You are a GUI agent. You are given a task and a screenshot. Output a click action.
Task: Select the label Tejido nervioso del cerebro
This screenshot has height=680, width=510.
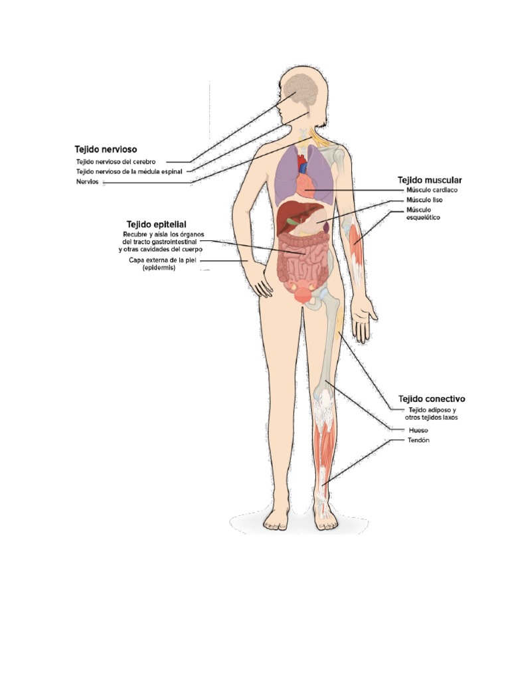tap(116, 161)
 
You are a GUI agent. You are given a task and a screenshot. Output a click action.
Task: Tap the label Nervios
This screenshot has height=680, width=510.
tap(87, 181)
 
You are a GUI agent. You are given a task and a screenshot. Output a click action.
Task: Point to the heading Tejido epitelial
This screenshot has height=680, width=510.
tap(156, 224)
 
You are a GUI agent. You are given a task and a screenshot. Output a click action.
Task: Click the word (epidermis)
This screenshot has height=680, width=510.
tap(159, 268)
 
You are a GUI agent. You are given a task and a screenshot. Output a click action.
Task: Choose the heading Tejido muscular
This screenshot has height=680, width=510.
tap(430, 180)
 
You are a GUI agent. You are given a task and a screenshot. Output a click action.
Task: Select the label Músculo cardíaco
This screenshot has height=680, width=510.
tap(432, 190)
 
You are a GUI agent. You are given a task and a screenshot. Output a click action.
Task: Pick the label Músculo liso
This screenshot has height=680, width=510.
tap(424, 200)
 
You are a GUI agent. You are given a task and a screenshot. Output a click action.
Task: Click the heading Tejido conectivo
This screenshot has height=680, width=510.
tap(432, 399)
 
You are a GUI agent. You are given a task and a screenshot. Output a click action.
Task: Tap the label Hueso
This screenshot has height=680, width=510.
tap(418, 430)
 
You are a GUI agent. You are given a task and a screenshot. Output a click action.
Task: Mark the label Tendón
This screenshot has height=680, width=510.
tap(418, 440)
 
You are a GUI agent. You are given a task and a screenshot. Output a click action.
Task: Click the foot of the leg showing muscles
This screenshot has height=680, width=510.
tap(325, 517)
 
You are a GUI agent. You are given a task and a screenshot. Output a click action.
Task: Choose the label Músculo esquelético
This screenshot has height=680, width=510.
tap(423, 213)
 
